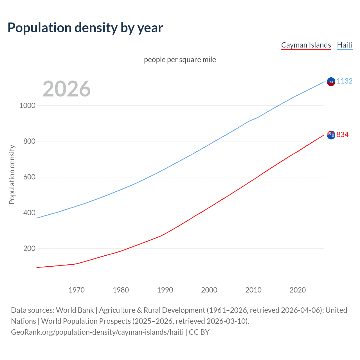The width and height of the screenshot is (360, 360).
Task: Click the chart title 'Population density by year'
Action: click(x=85, y=28)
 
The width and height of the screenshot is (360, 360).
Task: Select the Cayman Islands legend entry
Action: click(x=306, y=45)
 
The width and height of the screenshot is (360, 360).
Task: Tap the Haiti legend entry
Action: click(x=345, y=45)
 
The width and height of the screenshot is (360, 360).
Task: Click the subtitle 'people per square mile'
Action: click(x=180, y=60)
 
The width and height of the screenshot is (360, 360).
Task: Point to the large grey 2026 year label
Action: click(x=67, y=89)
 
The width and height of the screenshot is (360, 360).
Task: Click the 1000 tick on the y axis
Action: click(x=27, y=105)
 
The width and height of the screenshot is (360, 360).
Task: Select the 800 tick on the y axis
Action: click(x=29, y=141)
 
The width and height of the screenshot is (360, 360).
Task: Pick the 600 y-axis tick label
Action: click(x=29, y=177)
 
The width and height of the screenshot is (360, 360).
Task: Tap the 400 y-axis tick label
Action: click(x=29, y=213)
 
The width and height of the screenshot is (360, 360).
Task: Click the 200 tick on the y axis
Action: click(x=29, y=248)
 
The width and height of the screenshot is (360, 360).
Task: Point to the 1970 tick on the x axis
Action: click(x=76, y=290)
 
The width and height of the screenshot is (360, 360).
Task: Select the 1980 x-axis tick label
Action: click(x=121, y=290)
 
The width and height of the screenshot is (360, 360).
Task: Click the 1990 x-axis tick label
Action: click(x=165, y=290)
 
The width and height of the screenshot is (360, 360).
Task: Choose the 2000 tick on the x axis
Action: click(x=209, y=290)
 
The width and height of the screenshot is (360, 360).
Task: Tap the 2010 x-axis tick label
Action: click(x=253, y=290)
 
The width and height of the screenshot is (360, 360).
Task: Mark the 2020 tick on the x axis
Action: click(x=298, y=290)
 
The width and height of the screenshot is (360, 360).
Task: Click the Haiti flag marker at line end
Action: click(x=331, y=82)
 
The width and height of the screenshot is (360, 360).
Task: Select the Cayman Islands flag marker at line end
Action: click(x=331, y=135)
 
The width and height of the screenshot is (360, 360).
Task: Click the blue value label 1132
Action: click(x=345, y=81)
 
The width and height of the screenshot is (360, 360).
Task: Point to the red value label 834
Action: click(x=343, y=134)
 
